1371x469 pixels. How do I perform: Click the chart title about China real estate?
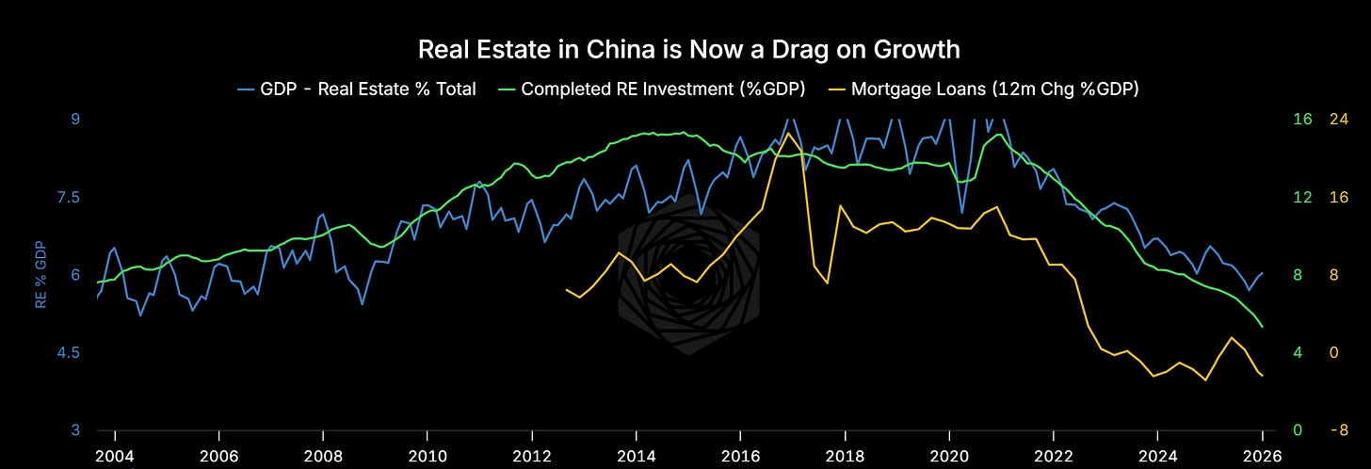688,50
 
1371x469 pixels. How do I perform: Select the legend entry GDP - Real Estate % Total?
357,89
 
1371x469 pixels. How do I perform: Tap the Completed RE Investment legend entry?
652,89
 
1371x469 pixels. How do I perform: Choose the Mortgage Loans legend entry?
984,89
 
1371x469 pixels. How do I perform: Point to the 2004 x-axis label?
115,456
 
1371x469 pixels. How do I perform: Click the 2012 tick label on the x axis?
532,456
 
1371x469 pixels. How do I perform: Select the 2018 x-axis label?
845,456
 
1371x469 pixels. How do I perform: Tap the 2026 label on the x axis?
1262,456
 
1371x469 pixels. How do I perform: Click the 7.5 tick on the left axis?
69,197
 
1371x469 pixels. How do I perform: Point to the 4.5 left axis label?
69,352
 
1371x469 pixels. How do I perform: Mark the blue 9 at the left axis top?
75,119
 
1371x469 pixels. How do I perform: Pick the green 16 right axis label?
1302,119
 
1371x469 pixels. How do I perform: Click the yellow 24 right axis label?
1339,119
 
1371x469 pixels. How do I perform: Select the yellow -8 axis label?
1339,430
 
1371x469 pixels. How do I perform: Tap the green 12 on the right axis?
1302,197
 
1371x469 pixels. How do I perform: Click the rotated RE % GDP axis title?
40,275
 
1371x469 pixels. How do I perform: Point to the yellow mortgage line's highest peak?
788,134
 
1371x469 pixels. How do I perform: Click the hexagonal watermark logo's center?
688,275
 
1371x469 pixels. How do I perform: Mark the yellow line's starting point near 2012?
567,290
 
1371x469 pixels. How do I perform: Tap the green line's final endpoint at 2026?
1262,327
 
